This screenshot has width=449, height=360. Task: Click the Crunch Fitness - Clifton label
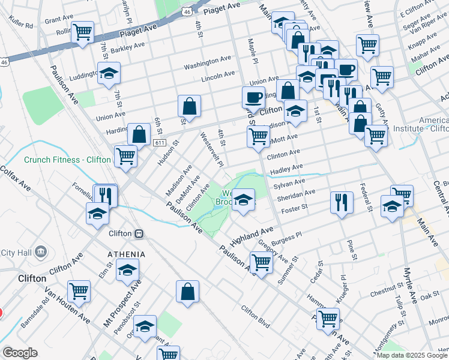67,160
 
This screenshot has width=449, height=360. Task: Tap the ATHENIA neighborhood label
127,254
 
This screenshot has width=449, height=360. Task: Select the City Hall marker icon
41,250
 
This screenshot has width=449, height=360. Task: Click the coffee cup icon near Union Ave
253,97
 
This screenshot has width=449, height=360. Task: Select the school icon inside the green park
243,199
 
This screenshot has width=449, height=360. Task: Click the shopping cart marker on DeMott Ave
258,136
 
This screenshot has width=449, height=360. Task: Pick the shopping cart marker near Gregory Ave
261,263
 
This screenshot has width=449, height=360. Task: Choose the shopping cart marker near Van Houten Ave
79,291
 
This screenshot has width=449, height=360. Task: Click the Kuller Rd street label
20,23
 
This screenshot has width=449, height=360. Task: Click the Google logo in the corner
19,353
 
